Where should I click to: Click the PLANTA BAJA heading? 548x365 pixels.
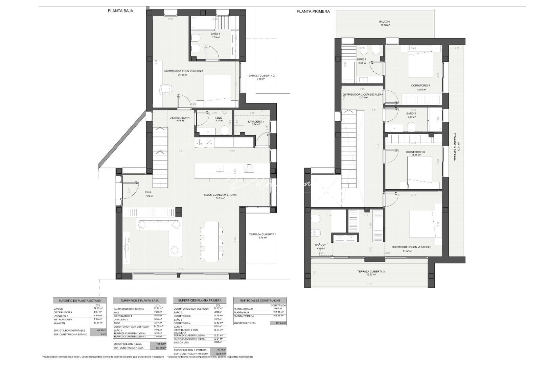coord(120,11)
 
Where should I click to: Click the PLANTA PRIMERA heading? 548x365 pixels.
coord(313,11)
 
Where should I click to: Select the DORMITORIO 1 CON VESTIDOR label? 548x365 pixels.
coord(183,71)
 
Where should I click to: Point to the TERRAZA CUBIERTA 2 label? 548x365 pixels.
coord(260,76)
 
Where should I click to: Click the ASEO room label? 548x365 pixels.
coord(218,118)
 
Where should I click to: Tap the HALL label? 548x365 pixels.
coord(149,192)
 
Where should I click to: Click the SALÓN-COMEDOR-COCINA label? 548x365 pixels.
coord(220,195)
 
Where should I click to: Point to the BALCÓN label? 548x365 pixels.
coord(384,22)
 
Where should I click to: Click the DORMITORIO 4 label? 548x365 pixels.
coord(420,86)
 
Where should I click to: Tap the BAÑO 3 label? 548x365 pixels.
coord(411,114)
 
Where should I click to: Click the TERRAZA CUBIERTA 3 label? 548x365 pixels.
coord(371,271)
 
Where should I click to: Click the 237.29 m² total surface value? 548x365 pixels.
coord(278,323)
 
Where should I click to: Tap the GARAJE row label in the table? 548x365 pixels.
coord(58,309)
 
